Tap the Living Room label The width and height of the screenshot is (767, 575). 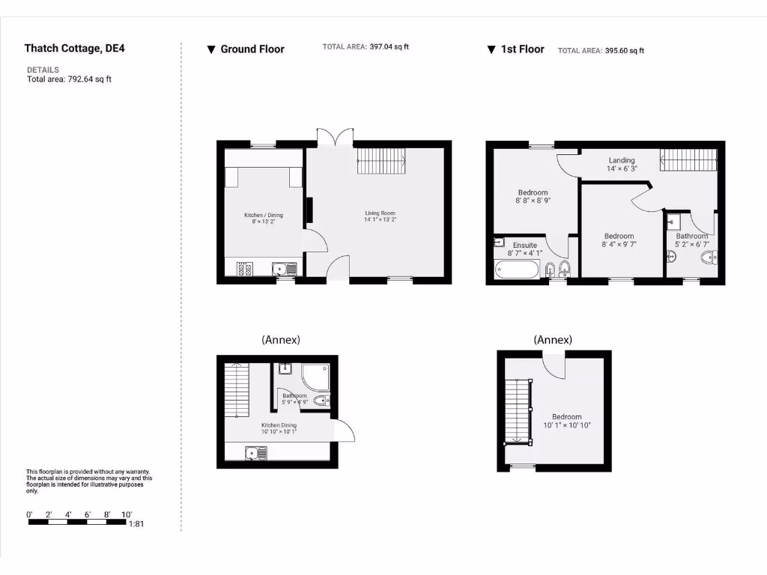point(380,213)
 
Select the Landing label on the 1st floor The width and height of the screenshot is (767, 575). point(622,160)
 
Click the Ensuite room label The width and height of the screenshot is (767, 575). point(524,245)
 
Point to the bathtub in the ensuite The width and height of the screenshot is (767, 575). point(516,270)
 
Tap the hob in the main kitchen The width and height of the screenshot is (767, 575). point(244,269)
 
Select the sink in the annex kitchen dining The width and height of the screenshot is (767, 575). point(257,452)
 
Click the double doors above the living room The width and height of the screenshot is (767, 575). point(335,139)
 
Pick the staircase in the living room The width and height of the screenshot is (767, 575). point(380,160)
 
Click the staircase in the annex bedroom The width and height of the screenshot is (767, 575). point(518,412)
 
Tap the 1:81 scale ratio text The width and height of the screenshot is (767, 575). point(136,524)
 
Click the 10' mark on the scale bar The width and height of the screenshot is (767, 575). point(127,514)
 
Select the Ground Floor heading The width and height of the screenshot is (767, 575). point(252,49)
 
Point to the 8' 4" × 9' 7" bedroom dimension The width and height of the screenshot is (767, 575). point(619,244)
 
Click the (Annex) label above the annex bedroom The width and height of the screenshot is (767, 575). point(553,340)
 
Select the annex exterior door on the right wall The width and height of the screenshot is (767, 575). point(345,431)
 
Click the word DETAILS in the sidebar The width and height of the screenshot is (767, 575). point(43,70)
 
